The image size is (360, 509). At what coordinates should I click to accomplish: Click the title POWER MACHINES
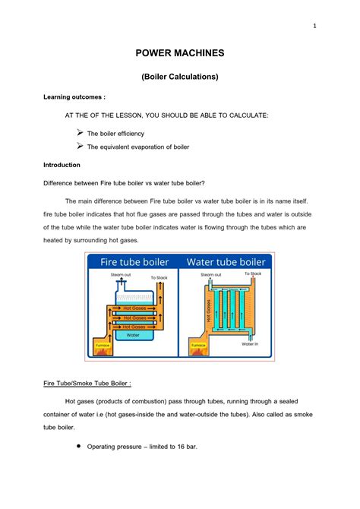[180, 54]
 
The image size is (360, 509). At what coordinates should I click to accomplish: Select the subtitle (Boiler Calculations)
[180, 77]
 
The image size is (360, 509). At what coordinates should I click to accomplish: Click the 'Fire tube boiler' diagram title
[134, 262]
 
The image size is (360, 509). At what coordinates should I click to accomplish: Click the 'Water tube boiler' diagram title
[226, 262]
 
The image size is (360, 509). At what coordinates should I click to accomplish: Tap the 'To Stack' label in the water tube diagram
[253, 273]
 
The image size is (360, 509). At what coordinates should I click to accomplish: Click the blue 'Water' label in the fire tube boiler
[133, 334]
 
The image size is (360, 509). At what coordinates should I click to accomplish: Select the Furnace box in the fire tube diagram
[101, 346]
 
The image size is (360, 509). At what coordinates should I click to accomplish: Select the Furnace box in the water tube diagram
[197, 346]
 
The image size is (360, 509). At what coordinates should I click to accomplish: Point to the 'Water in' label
[251, 343]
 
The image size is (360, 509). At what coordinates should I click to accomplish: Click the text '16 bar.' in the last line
[185, 447]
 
